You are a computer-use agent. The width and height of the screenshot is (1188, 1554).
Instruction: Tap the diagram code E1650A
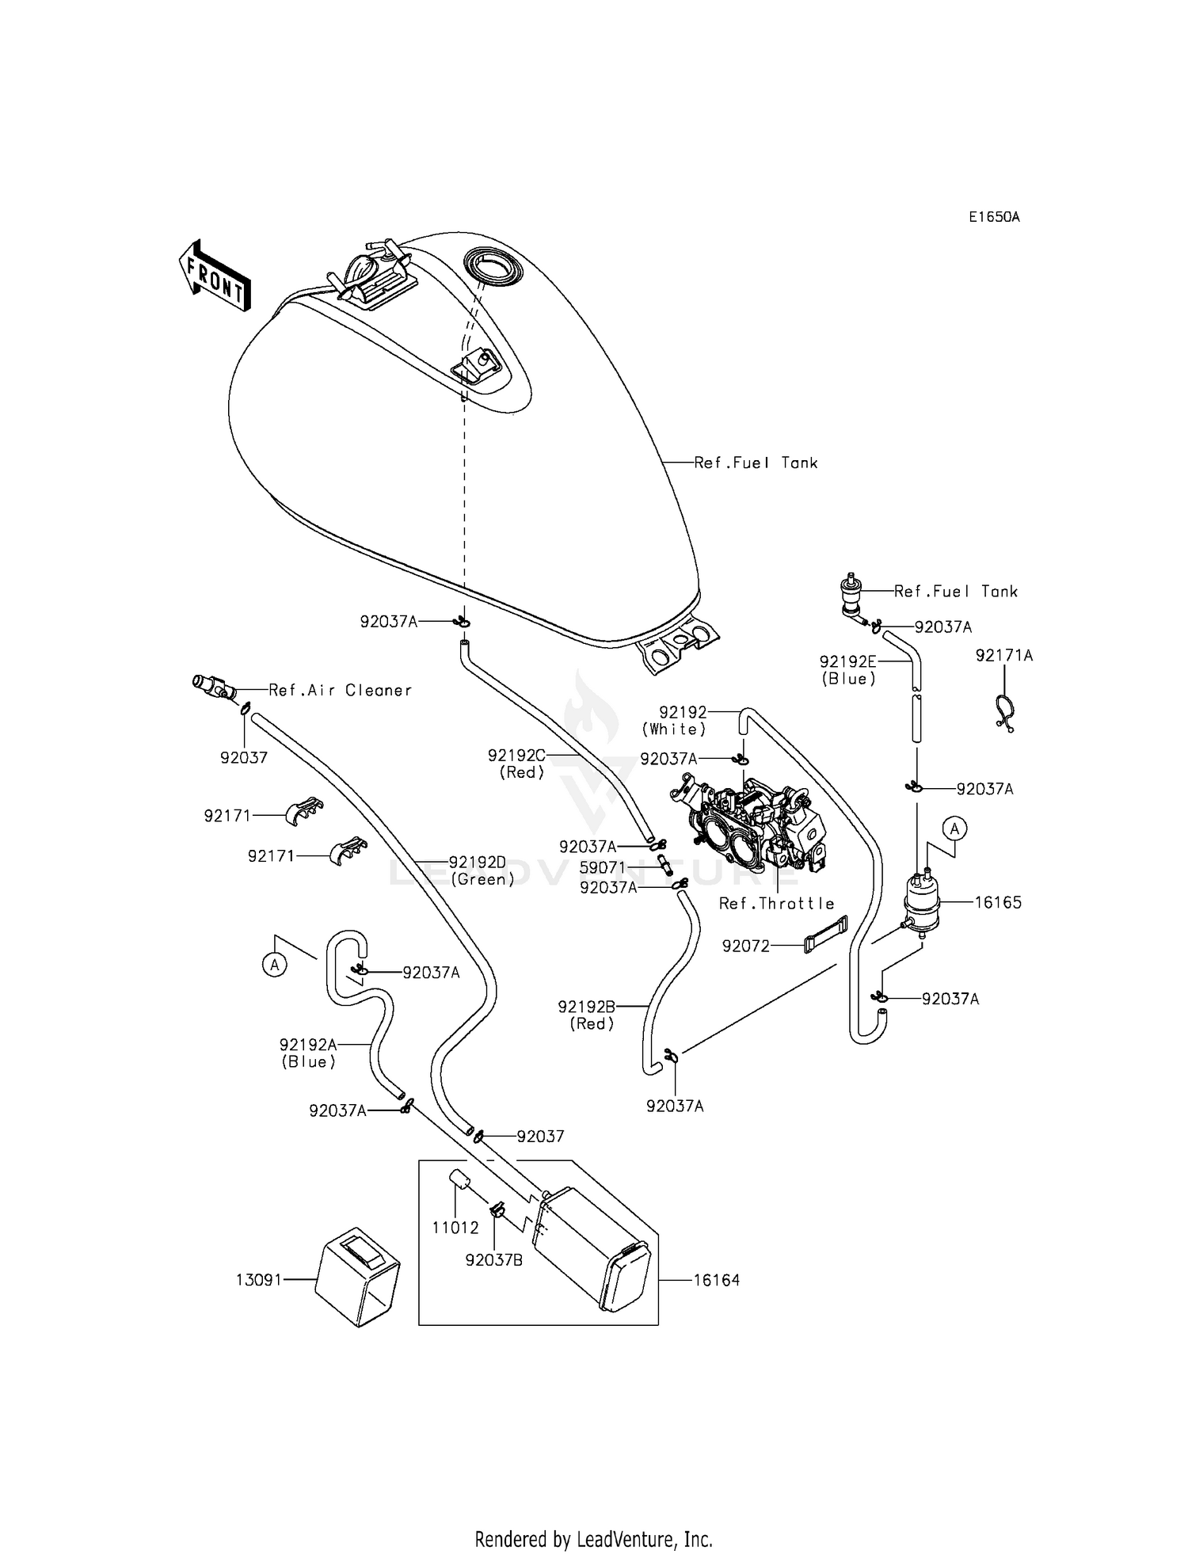pyautogui.click(x=994, y=216)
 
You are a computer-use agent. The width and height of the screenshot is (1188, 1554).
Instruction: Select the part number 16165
pyautogui.click(x=998, y=902)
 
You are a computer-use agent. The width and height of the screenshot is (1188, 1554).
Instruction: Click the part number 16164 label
pyautogui.click(x=716, y=1280)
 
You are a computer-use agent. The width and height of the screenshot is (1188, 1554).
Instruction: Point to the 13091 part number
pyautogui.click(x=259, y=1280)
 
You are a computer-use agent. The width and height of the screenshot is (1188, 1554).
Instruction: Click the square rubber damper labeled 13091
pyautogui.click(x=357, y=1277)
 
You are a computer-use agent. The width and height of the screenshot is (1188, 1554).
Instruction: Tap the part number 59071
pyautogui.click(x=602, y=867)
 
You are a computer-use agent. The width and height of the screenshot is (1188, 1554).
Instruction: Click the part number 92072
pyautogui.click(x=745, y=946)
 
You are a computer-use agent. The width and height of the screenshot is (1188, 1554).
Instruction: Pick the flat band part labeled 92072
pyautogui.click(x=825, y=934)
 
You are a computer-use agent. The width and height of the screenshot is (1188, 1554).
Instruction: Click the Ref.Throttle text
pyautogui.click(x=776, y=904)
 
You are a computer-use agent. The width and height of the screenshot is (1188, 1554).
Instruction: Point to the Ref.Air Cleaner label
pyautogui.click(x=341, y=690)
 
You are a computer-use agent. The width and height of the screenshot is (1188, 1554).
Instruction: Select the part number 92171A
pyautogui.click(x=1004, y=656)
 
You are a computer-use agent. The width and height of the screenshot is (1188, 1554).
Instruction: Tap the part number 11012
pyautogui.click(x=455, y=1228)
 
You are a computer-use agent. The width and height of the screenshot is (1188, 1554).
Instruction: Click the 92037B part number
pyautogui.click(x=494, y=1260)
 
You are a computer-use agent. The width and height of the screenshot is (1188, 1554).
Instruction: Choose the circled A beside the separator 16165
pyautogui.click(x=954, y=829)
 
